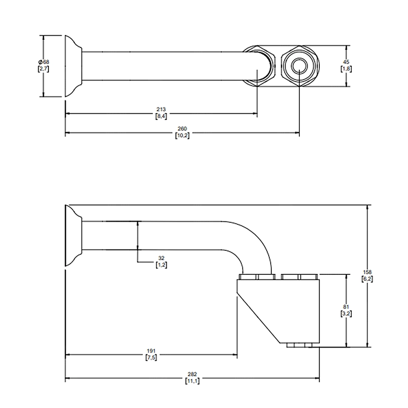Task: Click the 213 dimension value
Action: pos(161,110)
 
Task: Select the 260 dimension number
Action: pos(182,130)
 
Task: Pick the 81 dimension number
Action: pos(346,308)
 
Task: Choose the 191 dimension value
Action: pos(151,351)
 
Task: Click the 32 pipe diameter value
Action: pos(162,259)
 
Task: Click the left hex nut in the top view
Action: pos(261,66)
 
